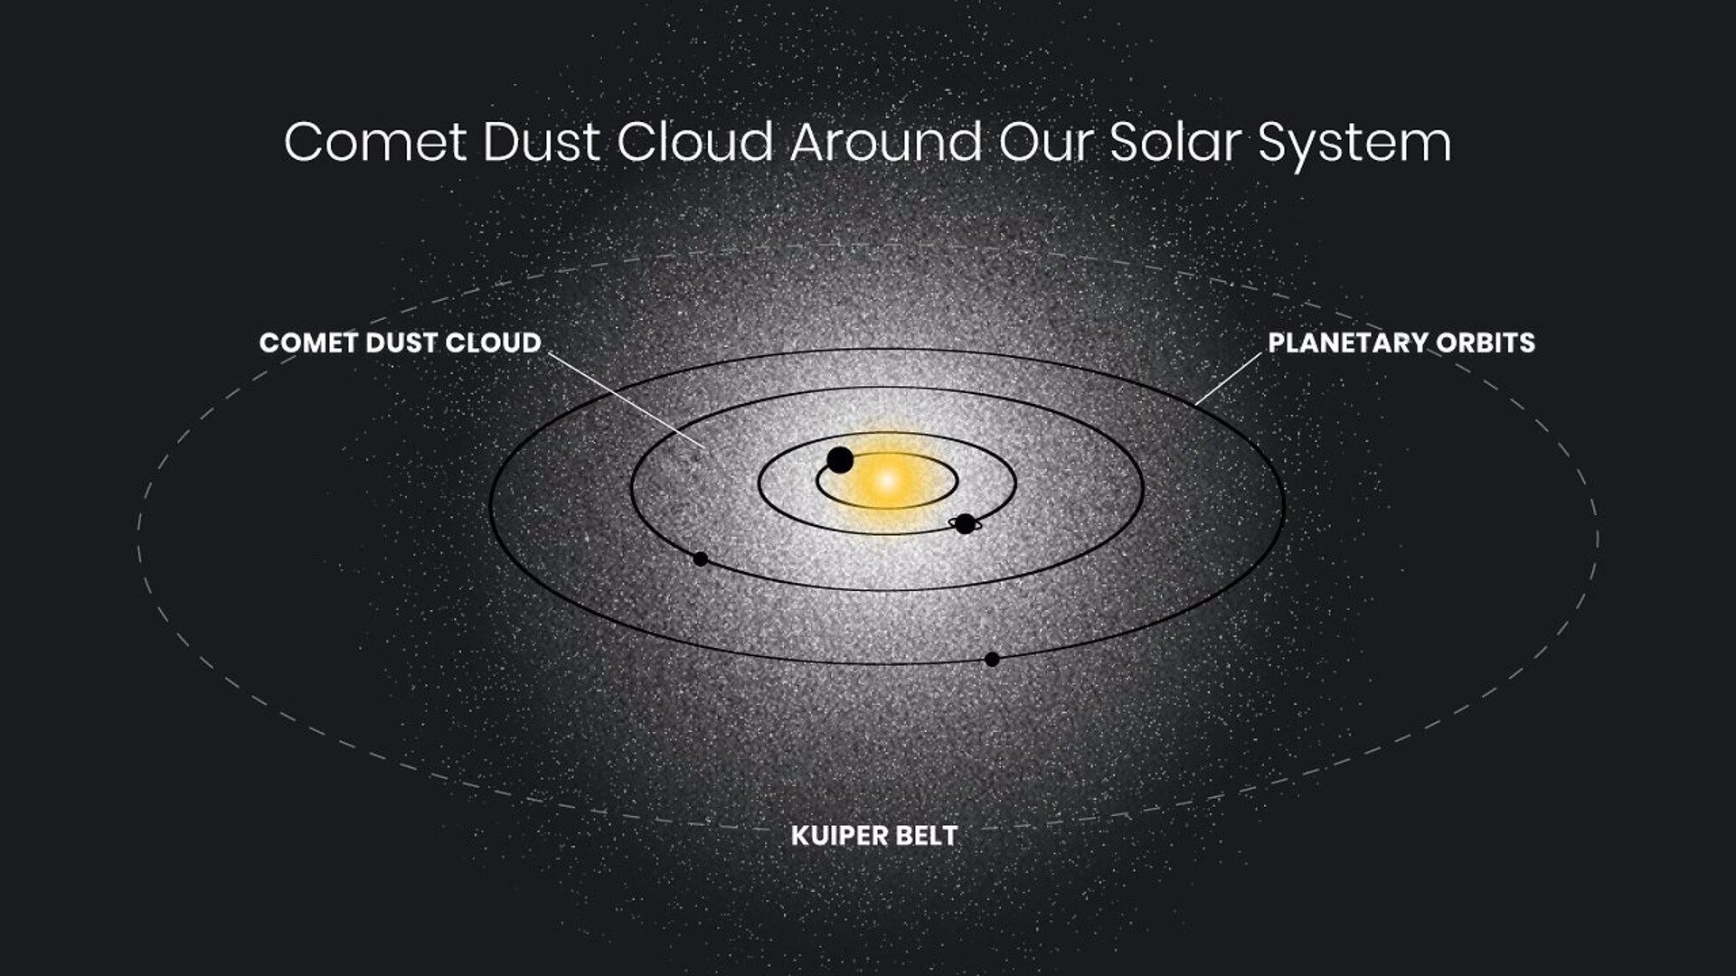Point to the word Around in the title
click(x=886, y=142)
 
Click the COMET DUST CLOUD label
click(x=400, y=343)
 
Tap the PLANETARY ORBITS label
click(x=1401, y=343)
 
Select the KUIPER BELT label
click(x=873, y=835)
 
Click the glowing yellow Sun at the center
click(x=887, y=480)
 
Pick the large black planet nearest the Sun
click(x=840, y=460)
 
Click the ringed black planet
click(x=965, y=523)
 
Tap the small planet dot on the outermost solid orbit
click(x=992, y=659)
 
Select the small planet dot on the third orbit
click(x=700, y=558)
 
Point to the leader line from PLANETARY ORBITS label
click(x=1228, y=378)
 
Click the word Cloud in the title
click(x=696, y=142)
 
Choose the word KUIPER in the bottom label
click(x=834, y=835)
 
